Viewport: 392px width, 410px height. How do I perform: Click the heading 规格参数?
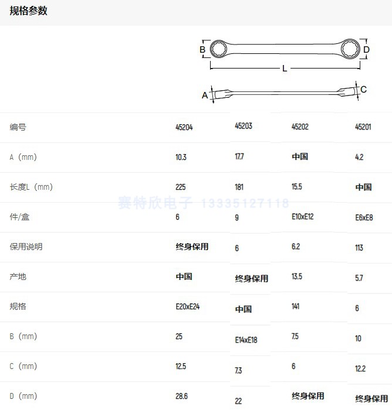(x=28, y=11)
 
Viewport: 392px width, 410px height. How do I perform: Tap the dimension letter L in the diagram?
(x=285, y=69)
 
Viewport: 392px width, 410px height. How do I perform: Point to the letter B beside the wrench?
(x=202, y=50)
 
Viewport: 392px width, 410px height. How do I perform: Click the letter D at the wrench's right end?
(x=366, y=50)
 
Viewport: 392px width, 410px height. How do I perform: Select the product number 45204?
(x=184, y=127)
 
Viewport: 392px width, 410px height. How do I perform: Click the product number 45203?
(x=243, y=126)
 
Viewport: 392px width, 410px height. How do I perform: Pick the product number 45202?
(x=300, y=127)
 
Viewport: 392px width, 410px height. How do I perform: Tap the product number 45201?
(x=363, y=127)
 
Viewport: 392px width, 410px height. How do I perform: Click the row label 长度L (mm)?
(x=31, y=187)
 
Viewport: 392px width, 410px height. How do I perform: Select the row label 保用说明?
(x=26, y=247)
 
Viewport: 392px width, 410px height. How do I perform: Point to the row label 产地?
(x=18, y=276)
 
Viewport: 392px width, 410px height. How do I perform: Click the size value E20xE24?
(x=188, y=306)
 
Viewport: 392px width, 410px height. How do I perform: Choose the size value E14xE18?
(x=246, y=340)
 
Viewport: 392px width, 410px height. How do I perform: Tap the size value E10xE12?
(x=303, y=217)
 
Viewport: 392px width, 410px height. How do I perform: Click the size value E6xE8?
(x=364, y=217)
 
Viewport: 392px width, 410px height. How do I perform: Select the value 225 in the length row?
(x=181, y=187)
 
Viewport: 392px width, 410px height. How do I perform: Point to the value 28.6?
(x=182, y=397)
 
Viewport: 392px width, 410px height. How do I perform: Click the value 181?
(x=239, y=187)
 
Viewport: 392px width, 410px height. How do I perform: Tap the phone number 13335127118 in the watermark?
(x=245, y=203)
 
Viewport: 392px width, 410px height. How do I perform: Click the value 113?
(x=359, y=247)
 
